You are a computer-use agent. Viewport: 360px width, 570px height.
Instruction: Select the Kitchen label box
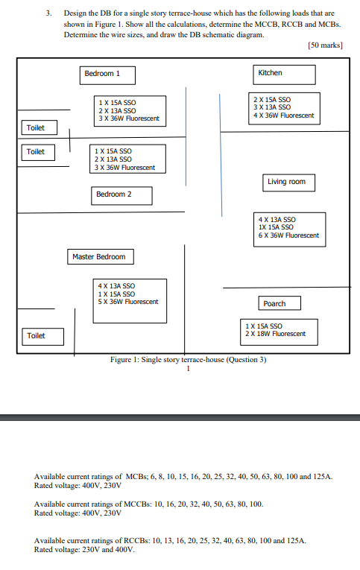click(x=285, y=75)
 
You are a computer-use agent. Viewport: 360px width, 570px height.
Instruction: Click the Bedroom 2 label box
click(x=121, y=195)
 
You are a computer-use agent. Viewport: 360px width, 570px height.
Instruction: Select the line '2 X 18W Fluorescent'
click(x=275, y=334)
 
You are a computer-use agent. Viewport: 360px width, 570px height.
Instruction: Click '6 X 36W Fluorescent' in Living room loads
click(x=288, y=235)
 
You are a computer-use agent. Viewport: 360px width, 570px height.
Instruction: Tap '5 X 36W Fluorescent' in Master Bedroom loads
click(x=128, y=302)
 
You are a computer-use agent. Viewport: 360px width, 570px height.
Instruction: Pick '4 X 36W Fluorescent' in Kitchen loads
click(x=284, y=115)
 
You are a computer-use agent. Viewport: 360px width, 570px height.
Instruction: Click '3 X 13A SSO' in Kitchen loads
click(x=272, y=107)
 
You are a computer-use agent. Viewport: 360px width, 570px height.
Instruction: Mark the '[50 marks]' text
click(x=325, y=45)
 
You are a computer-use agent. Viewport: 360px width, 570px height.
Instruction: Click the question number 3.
click(x=48, y=13)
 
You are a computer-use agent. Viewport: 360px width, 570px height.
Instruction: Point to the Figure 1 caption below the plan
click(x=188, y=360)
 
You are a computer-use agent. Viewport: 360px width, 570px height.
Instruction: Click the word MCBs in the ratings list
click(x=136, y=477)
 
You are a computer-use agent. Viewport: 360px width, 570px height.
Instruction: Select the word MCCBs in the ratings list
click(x=137, y=504)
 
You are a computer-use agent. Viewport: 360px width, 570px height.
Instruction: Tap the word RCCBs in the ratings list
click(x=136, y=540)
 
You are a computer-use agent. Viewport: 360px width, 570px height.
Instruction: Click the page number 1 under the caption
click(x=188, y=369)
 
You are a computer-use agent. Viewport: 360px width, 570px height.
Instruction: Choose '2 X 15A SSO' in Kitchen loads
click(x=272, y=100)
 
